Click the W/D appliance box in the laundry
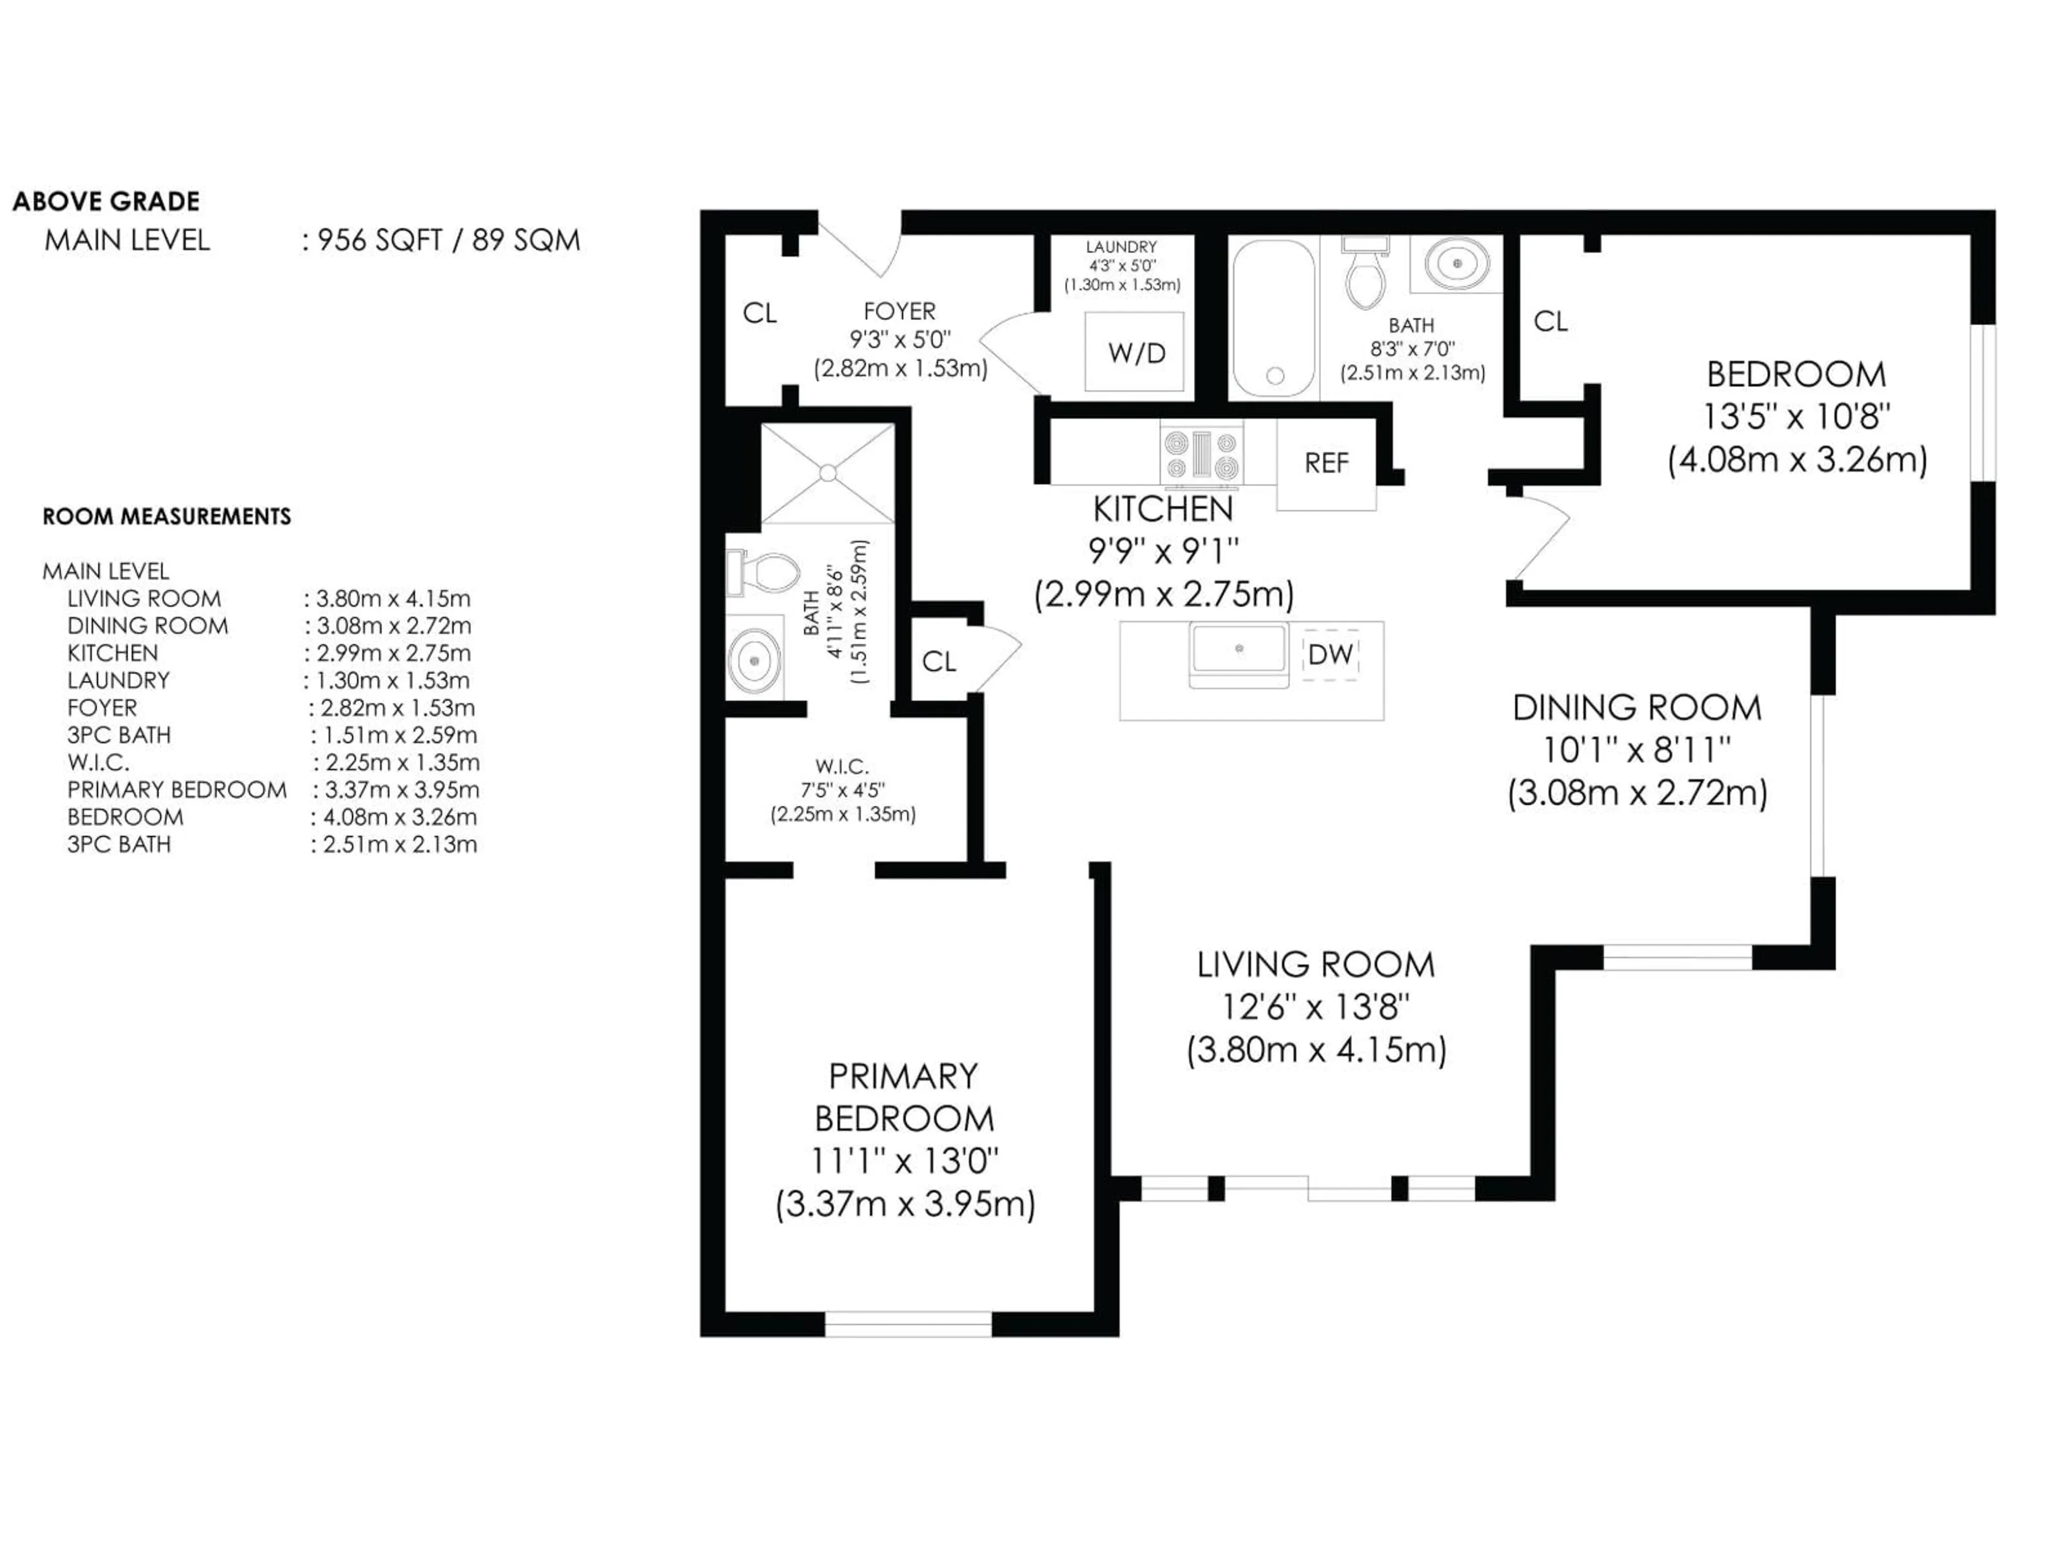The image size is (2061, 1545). pos(1135,352)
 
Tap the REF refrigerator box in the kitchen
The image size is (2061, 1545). pos(1326,463)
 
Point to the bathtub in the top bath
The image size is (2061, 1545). pos(1274,319)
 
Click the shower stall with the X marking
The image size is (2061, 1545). pos(828,474)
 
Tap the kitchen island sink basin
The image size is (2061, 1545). pos(1239,649)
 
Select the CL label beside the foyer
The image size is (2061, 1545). pos(759,314)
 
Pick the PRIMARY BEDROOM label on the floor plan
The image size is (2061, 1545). pos(904,1097)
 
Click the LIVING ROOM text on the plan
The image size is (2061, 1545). pos(1315,965)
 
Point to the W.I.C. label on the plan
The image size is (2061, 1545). pos(842,767)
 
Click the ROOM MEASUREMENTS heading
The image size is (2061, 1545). pos(167,517)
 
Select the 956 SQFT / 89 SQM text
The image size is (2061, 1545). pos(448,240)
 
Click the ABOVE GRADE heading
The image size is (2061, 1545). pos(106,201)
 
